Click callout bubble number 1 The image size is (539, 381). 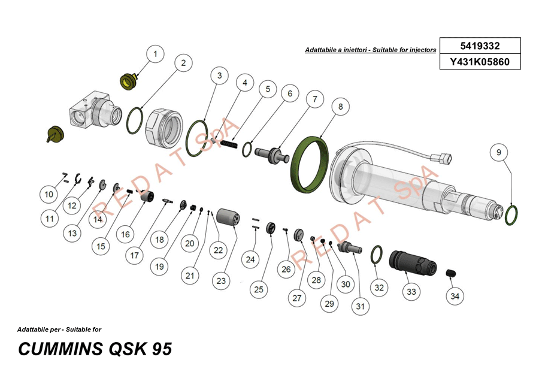pos(155,54)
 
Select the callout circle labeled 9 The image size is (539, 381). pos(498,153)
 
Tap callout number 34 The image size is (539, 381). pos(455,295)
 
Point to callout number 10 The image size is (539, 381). pos(49,194)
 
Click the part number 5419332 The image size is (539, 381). pos(480,46)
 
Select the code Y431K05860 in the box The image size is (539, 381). pos(480,61)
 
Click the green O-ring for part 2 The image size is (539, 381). pos(135,121)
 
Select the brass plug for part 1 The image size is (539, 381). pos(128,80)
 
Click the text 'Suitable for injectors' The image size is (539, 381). pos(404,51)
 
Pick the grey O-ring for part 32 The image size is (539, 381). pos(377,254)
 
